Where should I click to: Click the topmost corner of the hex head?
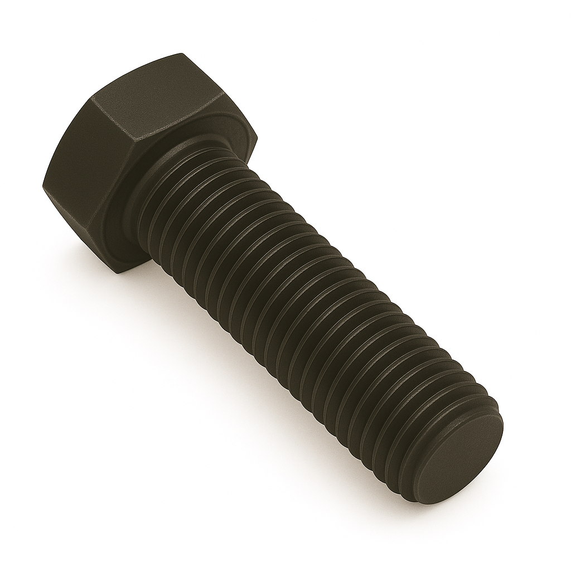[181, 54]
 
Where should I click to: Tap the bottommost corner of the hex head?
[119, 273]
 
